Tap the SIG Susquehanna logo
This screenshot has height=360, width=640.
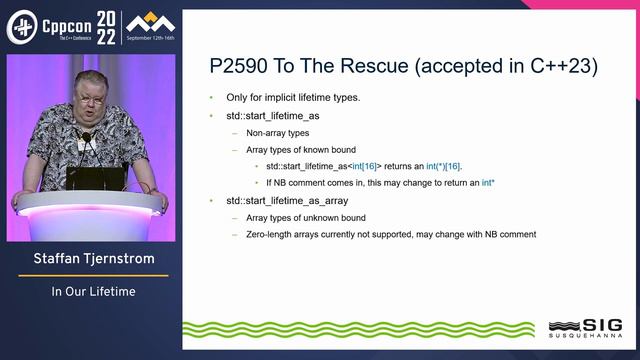585,328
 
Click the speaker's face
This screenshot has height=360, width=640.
86,116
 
